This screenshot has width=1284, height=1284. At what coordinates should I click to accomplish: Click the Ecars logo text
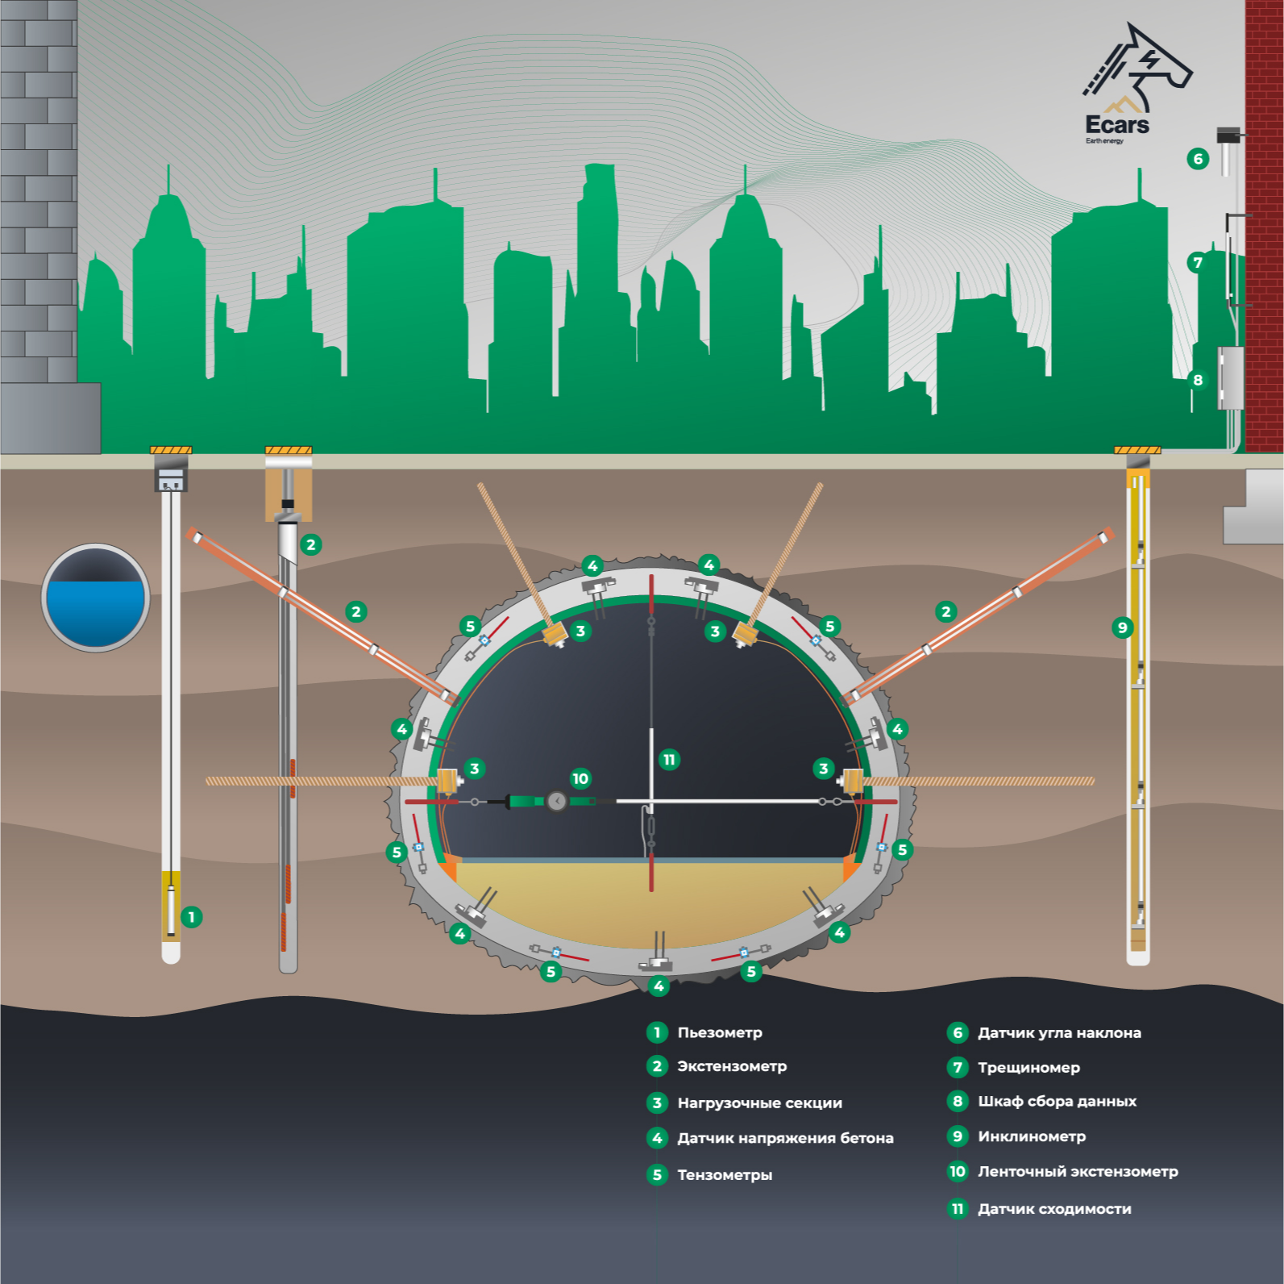pyautogui.click(x=1116, y=125)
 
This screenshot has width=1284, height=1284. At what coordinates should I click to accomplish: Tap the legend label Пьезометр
pyautogui.click(x=719, y=1032)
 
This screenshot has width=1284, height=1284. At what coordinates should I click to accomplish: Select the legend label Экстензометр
pyautogui.click(x=731, y=1066)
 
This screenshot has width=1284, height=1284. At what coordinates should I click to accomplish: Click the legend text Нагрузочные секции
pyautogui.click(x=759, y=1103)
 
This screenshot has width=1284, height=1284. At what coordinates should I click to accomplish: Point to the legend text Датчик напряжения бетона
pyautogui.click(x=785, y=1138)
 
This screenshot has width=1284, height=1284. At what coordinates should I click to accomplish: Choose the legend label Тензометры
pyautogui.click(x=724, y=1174)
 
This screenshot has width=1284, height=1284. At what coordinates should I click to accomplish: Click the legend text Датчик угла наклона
pyautogui.click(x=1059, y=1032)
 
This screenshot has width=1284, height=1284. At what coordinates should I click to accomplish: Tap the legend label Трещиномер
pyautogui.click(x=1028, y=1068)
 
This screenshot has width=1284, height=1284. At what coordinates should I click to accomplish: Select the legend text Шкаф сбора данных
pyautogui.click(x=1057, y=1101)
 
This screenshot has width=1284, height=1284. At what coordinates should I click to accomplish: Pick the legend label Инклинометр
pyautogui.click(x=1032, y=1136)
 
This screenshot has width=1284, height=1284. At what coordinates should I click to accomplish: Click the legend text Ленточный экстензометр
pyautogui.click(x=1078, y=1171)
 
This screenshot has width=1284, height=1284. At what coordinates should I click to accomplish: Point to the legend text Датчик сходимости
pyautogui.click(x=1054, y=1208)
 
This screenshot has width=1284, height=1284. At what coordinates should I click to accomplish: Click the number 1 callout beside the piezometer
pyautogui.click(x=191, y=917)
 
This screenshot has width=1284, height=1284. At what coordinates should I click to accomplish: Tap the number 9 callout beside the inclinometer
pyautogui.click(x=1122, y=627)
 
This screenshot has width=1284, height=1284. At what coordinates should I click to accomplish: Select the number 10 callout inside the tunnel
pyautogui.click(x=580, y=778)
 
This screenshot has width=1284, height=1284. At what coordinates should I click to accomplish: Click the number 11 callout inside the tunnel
pyautogui.click(x=669, y=759)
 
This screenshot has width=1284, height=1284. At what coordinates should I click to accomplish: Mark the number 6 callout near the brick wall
pyautogui.click(x=1198, y=159)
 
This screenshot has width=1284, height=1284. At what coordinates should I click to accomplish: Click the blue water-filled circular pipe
pyautogui.click(x=95, y=598)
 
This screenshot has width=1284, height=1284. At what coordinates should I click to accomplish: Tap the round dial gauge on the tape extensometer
pyautogui.click(x=556, y=801)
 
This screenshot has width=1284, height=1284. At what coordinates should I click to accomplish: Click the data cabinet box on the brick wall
pyautogui.click(x=1230, y=377)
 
